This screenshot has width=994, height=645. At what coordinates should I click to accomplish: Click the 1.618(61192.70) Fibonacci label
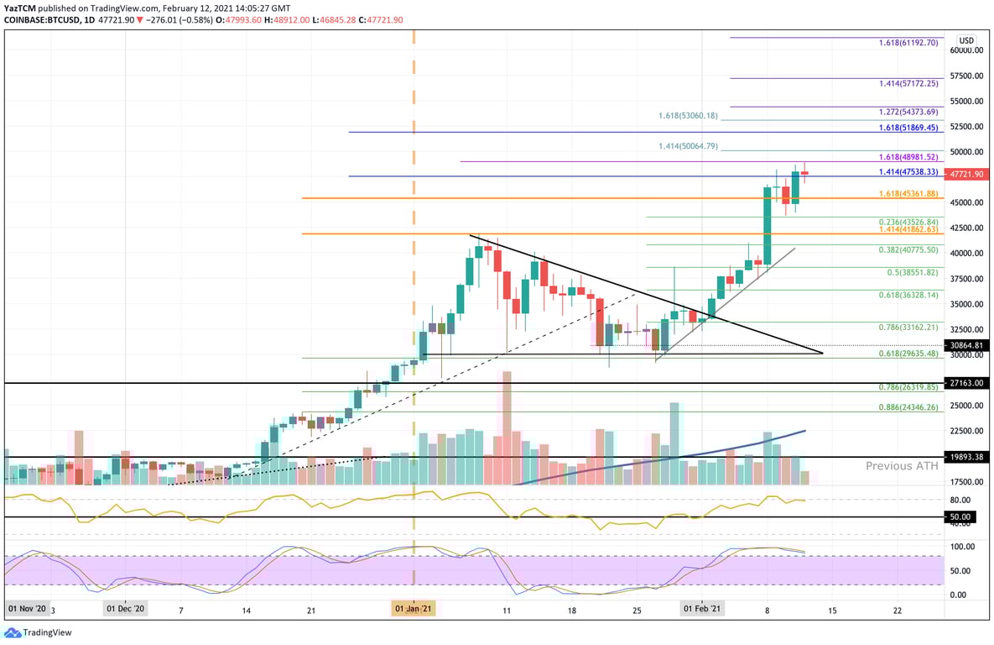tap(908, 42)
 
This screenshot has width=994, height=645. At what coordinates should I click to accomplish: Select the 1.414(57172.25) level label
tap(908, 84)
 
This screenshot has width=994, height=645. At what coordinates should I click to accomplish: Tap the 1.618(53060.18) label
tap(688, 116)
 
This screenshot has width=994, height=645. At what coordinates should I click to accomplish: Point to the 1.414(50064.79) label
tap(688, 146)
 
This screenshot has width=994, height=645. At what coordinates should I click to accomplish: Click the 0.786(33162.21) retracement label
tap(908, 328)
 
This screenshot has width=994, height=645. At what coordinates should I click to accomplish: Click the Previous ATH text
tap(901, 466)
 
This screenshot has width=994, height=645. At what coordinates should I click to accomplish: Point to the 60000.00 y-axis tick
tap(966, 50)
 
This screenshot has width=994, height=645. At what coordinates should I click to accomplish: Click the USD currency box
tap(966, 40)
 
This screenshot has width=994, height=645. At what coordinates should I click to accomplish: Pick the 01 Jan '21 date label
tap(414, 608)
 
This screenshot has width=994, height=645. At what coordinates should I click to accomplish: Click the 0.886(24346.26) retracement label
tap(908, 406)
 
